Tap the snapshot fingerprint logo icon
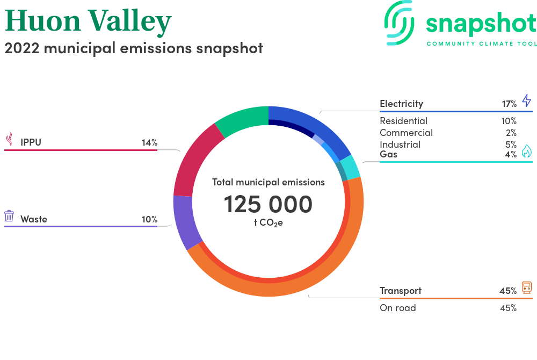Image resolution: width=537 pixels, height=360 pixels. tap(399, 23)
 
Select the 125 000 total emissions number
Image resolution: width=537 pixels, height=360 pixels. tap(268, 205)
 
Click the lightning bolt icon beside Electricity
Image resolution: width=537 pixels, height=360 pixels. tap(526, 100)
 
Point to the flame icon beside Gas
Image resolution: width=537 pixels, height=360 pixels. tap(526, 150)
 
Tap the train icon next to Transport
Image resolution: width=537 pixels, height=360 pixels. tap(527, 287)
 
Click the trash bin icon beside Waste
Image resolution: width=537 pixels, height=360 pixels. tap(9, 216)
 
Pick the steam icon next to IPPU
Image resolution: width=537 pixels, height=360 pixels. tap(10, 139)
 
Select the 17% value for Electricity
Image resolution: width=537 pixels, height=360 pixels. tap(509, 104)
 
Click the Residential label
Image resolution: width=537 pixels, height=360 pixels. tap(403, 121)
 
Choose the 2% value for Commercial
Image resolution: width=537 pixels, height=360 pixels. tap(511, 133)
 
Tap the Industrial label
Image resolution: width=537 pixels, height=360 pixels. tap(400, 145)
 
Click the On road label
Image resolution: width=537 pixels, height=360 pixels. tap(397, 308)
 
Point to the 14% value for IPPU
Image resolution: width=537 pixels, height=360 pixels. tap(150, 142)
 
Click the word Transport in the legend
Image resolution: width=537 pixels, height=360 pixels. tap(401, 291)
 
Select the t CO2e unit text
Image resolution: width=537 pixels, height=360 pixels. tap(268, 223)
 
